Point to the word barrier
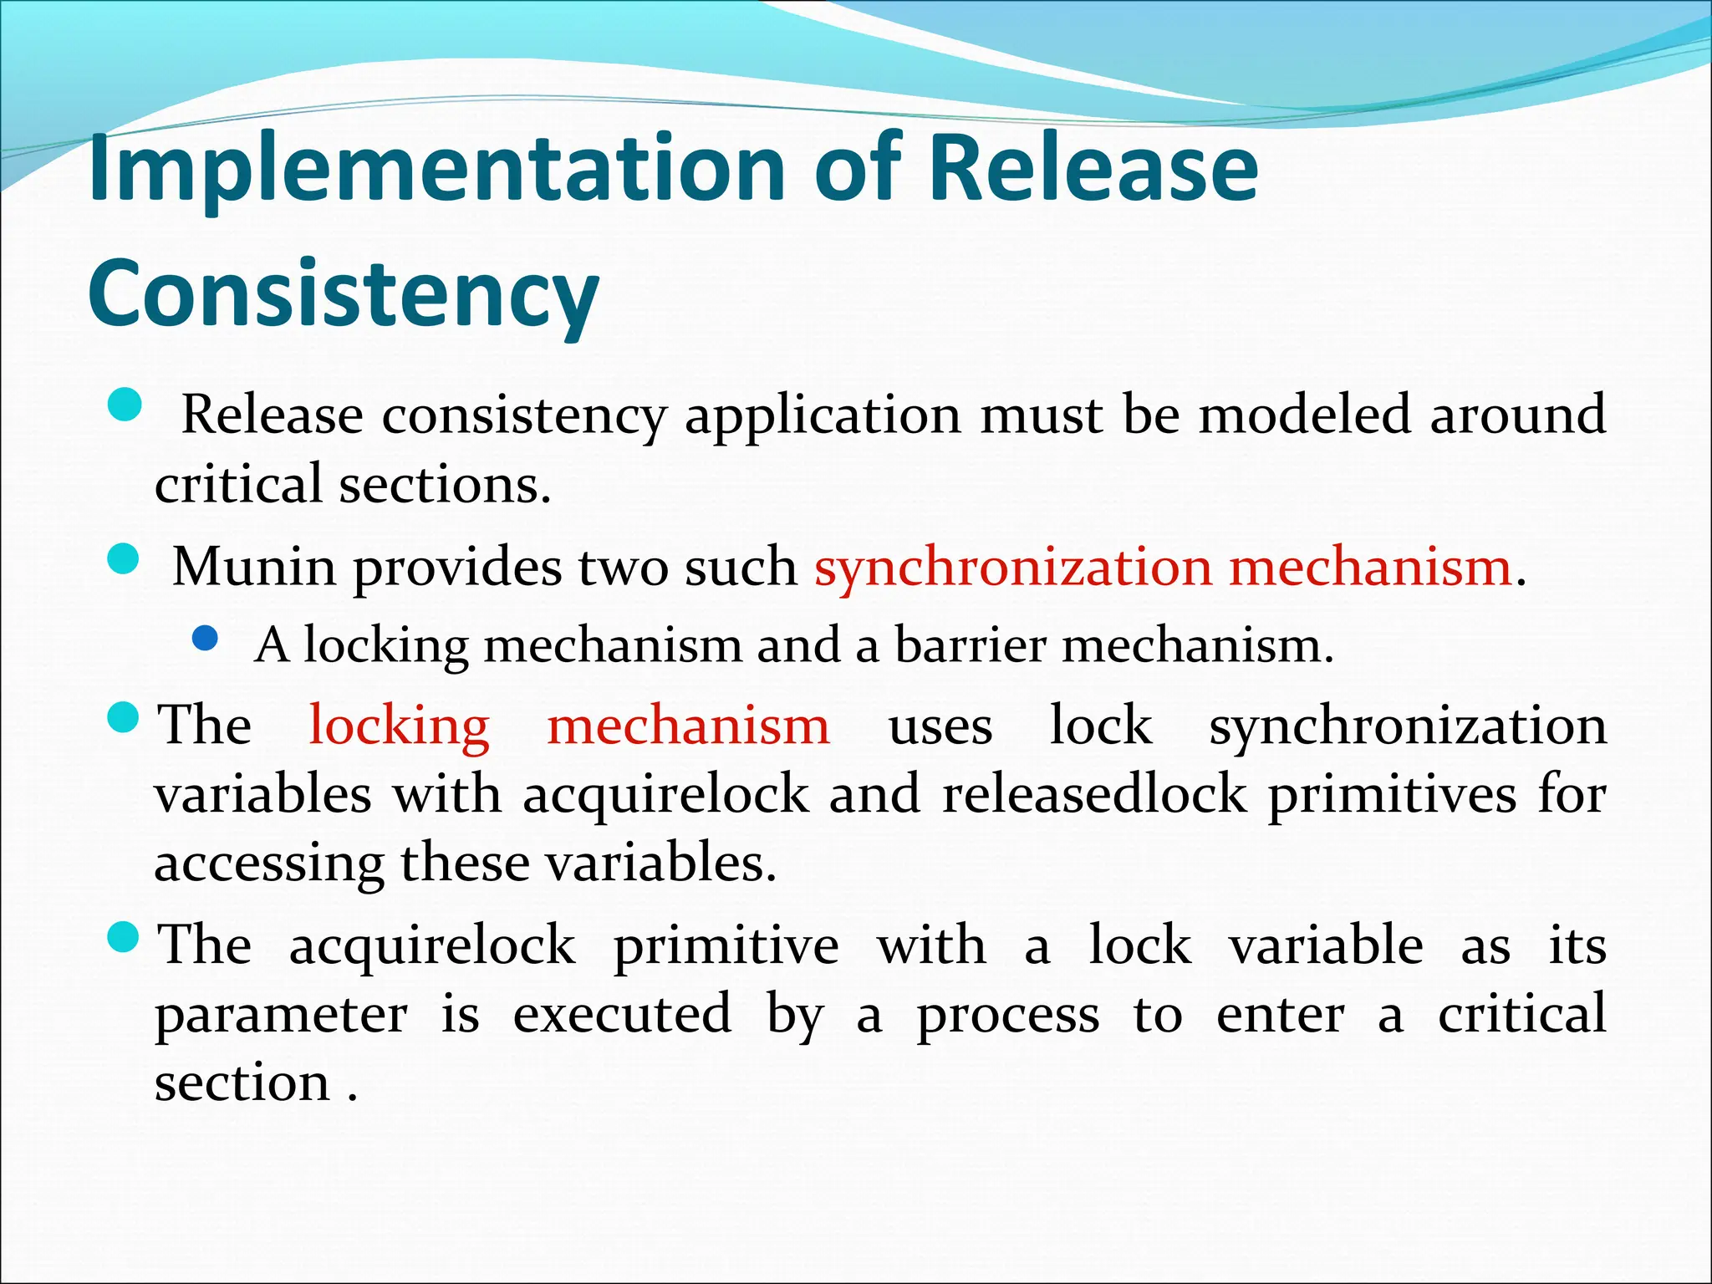point(970,646)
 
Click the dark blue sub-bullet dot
point(205,639)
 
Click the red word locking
point(399,726)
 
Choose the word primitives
point(1392,794)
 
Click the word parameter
point(281,1015)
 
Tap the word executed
point(622,1015)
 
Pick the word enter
point(1281,1015)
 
